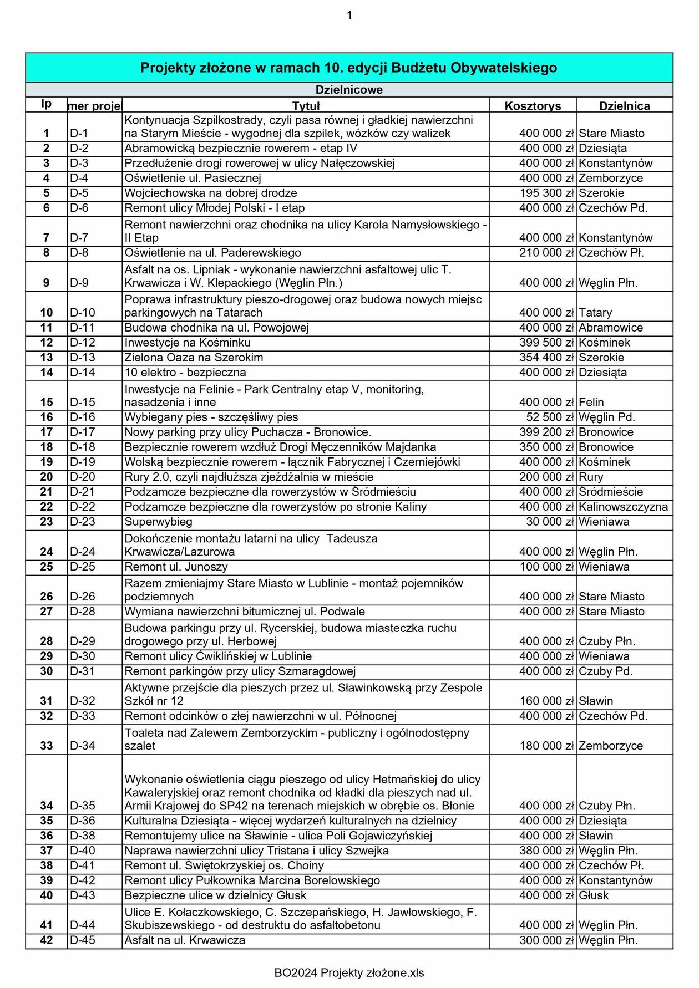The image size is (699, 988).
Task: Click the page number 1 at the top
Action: (x=349, y=16)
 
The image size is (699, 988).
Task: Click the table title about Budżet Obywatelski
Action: (x=348, y=68)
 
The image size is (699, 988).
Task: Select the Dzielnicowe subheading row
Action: (x=348, y=90)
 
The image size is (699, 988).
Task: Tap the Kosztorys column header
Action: (x=533, y=106)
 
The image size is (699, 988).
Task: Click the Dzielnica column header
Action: (x=624, y=106)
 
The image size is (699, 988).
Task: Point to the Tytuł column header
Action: (x=306, y=106)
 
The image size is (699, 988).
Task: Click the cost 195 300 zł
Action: (x=546, y=193)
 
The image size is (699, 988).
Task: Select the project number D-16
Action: (x=83, y=417)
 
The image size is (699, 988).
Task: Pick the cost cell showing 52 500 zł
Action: (x=550, y=417)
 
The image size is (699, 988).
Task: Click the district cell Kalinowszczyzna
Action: (x=623, y=507)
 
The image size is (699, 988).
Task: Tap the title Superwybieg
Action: (x=159, y=522)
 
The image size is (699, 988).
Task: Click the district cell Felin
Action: (x=591, y=402)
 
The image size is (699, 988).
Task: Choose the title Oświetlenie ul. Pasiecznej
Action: (x=193, y=178)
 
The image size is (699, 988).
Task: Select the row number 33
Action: (x=47, y=746)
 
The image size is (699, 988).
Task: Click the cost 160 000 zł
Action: (x=546, y=701)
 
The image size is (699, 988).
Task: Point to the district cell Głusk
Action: (x=593, y=895)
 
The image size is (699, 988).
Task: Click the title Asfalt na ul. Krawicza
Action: (x=185, y=940)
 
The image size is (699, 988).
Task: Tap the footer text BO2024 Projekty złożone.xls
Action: (x=349, y=972)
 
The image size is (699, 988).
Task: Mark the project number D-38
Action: (x=83, y=836)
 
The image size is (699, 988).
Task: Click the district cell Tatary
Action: (x=595, y=313)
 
